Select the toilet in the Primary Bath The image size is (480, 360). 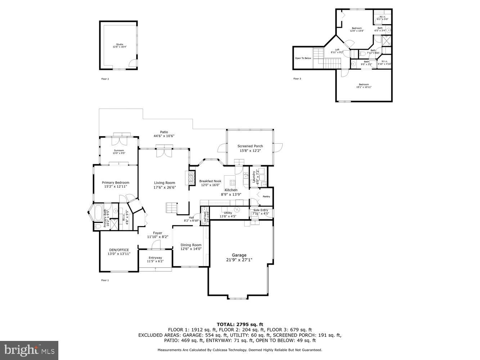tap(97, 226)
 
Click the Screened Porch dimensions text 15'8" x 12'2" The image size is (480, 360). tap(250, 151)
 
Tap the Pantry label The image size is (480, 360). tap(266, 197)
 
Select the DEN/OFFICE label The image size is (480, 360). tap(118, 250)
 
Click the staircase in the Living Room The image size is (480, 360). tap(171, 208)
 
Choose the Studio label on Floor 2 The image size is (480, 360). tap(120, 44)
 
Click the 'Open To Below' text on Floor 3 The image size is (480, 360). tap(303, 58)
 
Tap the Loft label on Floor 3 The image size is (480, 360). tap(337, 50)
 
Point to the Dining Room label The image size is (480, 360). tap(191, 245)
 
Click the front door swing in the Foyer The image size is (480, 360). tap(156, 245)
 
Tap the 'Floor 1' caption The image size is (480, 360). tap(105, 280)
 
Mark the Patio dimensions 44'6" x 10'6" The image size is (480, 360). tap(164, 136)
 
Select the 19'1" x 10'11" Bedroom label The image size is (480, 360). tap(364, 87)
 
